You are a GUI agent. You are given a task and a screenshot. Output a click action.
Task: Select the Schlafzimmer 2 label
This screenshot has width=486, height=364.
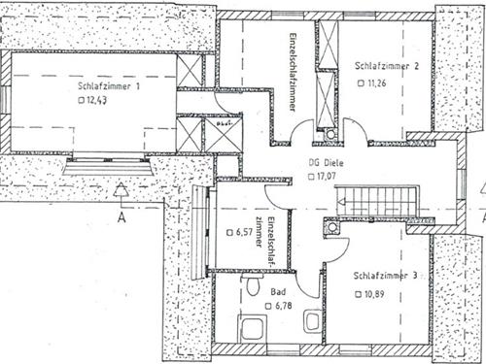point(386,67)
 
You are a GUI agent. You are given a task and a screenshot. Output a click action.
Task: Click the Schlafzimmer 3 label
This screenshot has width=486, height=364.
point(385,276)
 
